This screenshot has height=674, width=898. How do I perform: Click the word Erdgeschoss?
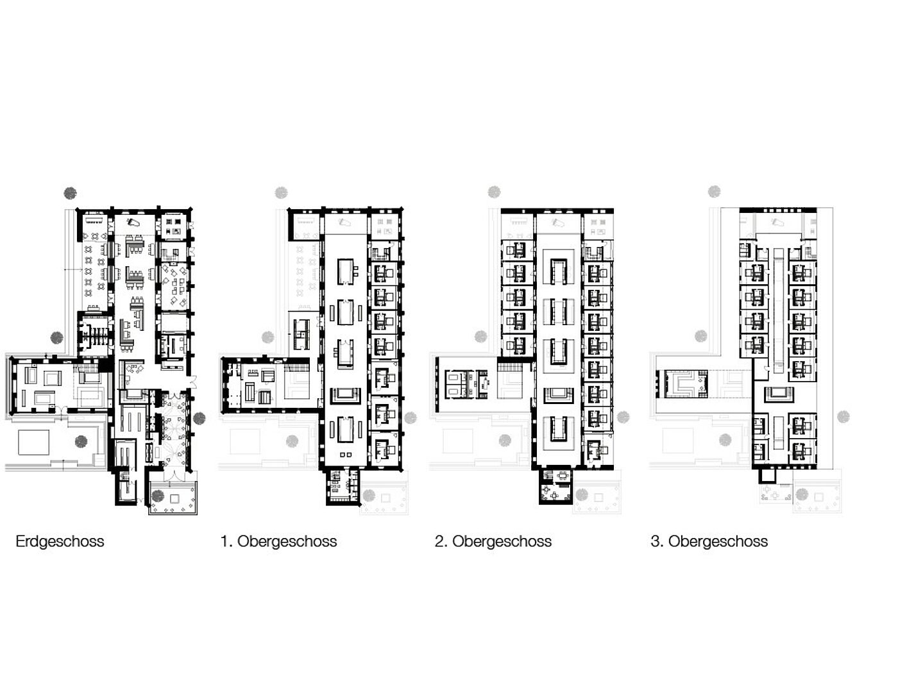click(60, 541)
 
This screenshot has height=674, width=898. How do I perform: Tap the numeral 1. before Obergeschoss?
click(226, 541)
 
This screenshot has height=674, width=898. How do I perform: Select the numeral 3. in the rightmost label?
click(657, 541)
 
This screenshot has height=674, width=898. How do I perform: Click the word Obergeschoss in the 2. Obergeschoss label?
click(502, 541)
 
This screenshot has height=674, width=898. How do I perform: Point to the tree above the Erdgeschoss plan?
click(71, 193)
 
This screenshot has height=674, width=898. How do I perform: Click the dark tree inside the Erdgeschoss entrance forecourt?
click(158, 496)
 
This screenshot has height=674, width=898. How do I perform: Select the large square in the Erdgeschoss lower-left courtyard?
click(33, 442)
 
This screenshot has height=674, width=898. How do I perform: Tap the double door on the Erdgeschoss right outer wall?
click(192, 382)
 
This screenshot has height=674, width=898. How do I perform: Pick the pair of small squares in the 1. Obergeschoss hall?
click(346, 455)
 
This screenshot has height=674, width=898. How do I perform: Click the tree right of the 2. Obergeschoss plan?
click(623, 417)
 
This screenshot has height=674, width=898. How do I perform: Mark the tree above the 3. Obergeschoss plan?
click(715, 191)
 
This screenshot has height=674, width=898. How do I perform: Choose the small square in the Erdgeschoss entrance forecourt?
click(174, 498)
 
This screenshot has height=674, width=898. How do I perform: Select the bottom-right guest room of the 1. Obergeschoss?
click(384, 448)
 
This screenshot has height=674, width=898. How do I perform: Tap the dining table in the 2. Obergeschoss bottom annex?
click(563, 476)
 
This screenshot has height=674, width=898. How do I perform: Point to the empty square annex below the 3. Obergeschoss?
click(768, 476)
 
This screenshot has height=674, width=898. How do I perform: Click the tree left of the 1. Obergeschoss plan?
click(268, 337)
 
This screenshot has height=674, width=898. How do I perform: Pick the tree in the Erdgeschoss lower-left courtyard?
click(81, 441)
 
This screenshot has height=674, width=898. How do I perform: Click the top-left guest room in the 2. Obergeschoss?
click(518, 250)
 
